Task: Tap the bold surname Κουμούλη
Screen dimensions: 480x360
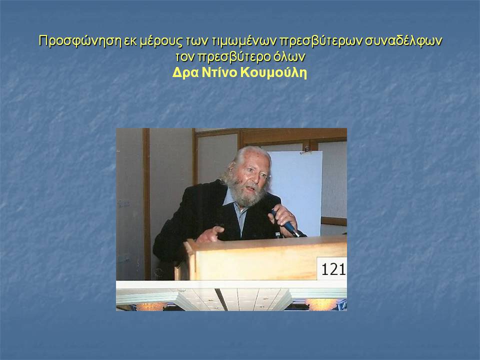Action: point(273,73)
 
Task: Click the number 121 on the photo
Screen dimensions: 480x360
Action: point(333,269)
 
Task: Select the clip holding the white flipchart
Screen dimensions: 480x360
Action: point(306,150)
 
